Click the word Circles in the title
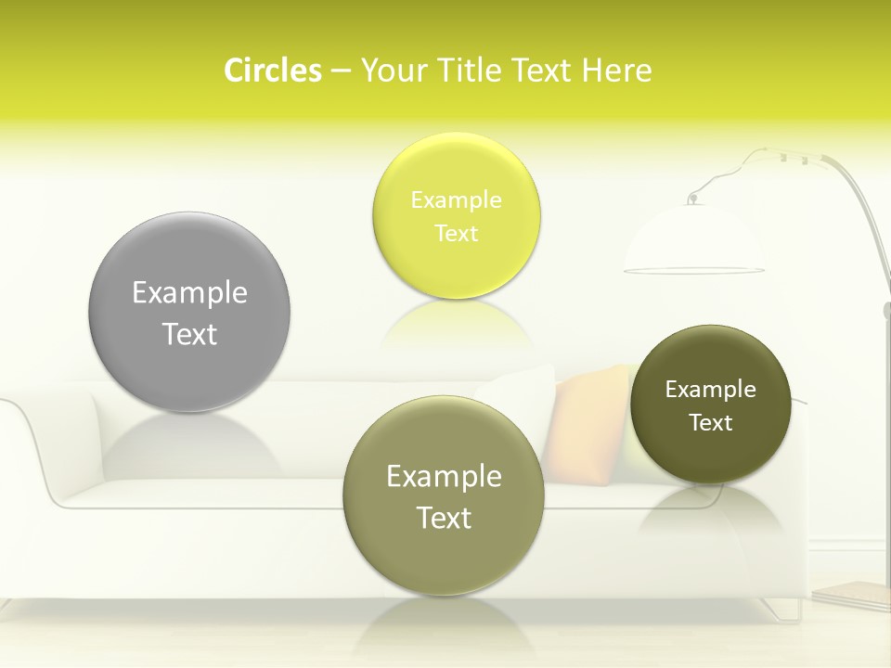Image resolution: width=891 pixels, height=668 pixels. click(273, 71)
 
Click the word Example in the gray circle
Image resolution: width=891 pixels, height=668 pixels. click(189, 293)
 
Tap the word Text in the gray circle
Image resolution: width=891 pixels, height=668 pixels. click(189, 334)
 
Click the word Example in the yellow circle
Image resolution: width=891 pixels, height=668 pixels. click(456, 200)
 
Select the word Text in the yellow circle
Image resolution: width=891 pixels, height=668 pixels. click(456, 233)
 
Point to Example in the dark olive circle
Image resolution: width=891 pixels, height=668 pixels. click(711, 390)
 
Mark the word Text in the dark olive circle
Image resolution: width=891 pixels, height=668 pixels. click(711, 422)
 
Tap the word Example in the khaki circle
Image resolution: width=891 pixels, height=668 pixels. click(444, 477)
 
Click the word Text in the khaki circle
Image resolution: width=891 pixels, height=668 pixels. click(444, 518)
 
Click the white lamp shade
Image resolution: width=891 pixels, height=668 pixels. click(693, 241)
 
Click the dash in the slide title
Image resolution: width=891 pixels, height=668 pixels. click(340, 71)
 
